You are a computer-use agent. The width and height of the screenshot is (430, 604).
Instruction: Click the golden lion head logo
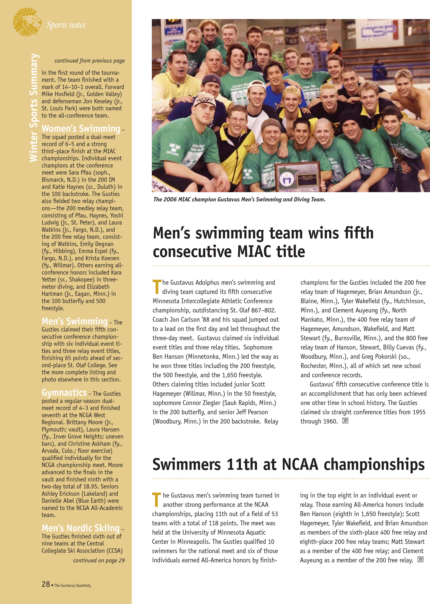point(27,22)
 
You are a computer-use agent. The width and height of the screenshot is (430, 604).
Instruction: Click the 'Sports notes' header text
point(66,25)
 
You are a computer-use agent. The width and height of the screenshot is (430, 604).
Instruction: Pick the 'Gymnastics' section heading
point(64,392)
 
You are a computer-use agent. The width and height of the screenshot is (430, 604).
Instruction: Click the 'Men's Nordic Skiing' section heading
point(80,528)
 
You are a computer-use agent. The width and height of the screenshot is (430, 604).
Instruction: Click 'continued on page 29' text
point(99,561)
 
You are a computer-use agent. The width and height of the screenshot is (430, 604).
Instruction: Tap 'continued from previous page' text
point(90,61)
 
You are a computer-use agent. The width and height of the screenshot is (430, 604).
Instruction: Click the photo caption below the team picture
point(239,199)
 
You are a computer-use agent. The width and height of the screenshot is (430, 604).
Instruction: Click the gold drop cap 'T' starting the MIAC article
point(157,287)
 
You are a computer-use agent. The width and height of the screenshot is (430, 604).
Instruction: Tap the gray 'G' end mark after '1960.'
point(345,421)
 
